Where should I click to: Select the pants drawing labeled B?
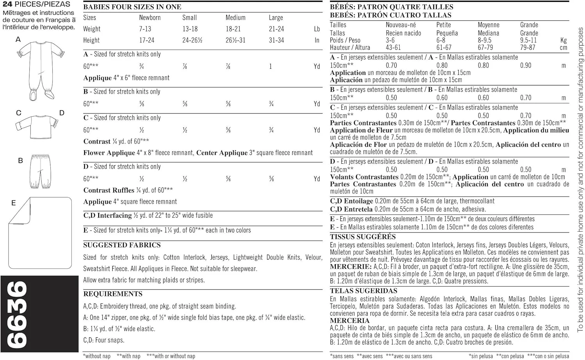tap(40, 171)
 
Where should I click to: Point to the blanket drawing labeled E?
tap(41, 233)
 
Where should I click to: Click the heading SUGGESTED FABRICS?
tap(122, 245)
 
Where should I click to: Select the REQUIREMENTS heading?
tap(113, 294)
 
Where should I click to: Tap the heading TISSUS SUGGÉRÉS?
tap(363, 237)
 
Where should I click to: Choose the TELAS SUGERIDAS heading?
tap(363, 291)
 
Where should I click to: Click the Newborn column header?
tap(150, 18)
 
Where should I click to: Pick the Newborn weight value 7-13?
tap(145, 29)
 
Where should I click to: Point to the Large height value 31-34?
tap(276, 40)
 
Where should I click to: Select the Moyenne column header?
tap(488, 25)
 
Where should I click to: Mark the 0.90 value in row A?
tap(525, 66)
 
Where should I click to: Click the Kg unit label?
tap(563, 40)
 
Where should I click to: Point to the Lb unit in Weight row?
tap(317, 29)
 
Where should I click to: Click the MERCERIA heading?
tap(349, 321)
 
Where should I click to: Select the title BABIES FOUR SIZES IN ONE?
tap(132, 7)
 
